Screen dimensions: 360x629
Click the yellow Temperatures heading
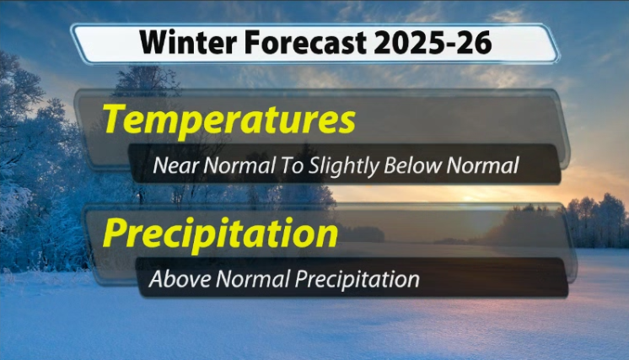pos(228,121)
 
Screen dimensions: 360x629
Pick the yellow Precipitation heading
pos(221,232)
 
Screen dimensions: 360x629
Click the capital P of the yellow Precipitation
pos(115,233)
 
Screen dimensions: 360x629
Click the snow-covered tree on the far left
pos(21,169)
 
